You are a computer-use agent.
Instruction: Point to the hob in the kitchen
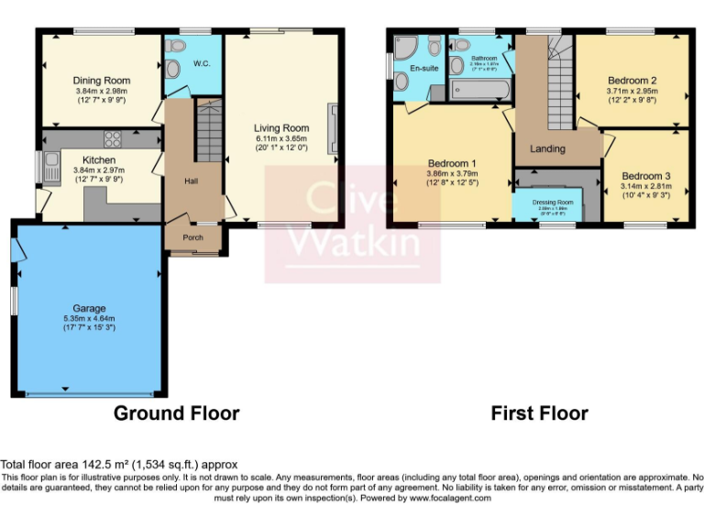click(115, 139)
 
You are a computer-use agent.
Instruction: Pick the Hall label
click(191, 181)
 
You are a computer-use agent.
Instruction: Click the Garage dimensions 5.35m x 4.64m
click(90, 318)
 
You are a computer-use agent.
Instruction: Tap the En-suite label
click(423, 69)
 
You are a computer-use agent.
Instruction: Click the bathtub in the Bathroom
click(481, 88)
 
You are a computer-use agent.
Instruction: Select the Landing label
click(548, 148)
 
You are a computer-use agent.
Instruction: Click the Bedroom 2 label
click(631, 81)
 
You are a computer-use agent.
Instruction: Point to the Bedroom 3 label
click(645, 175)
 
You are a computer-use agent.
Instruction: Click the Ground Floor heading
click(176, 412)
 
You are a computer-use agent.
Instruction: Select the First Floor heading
click(539, 412)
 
